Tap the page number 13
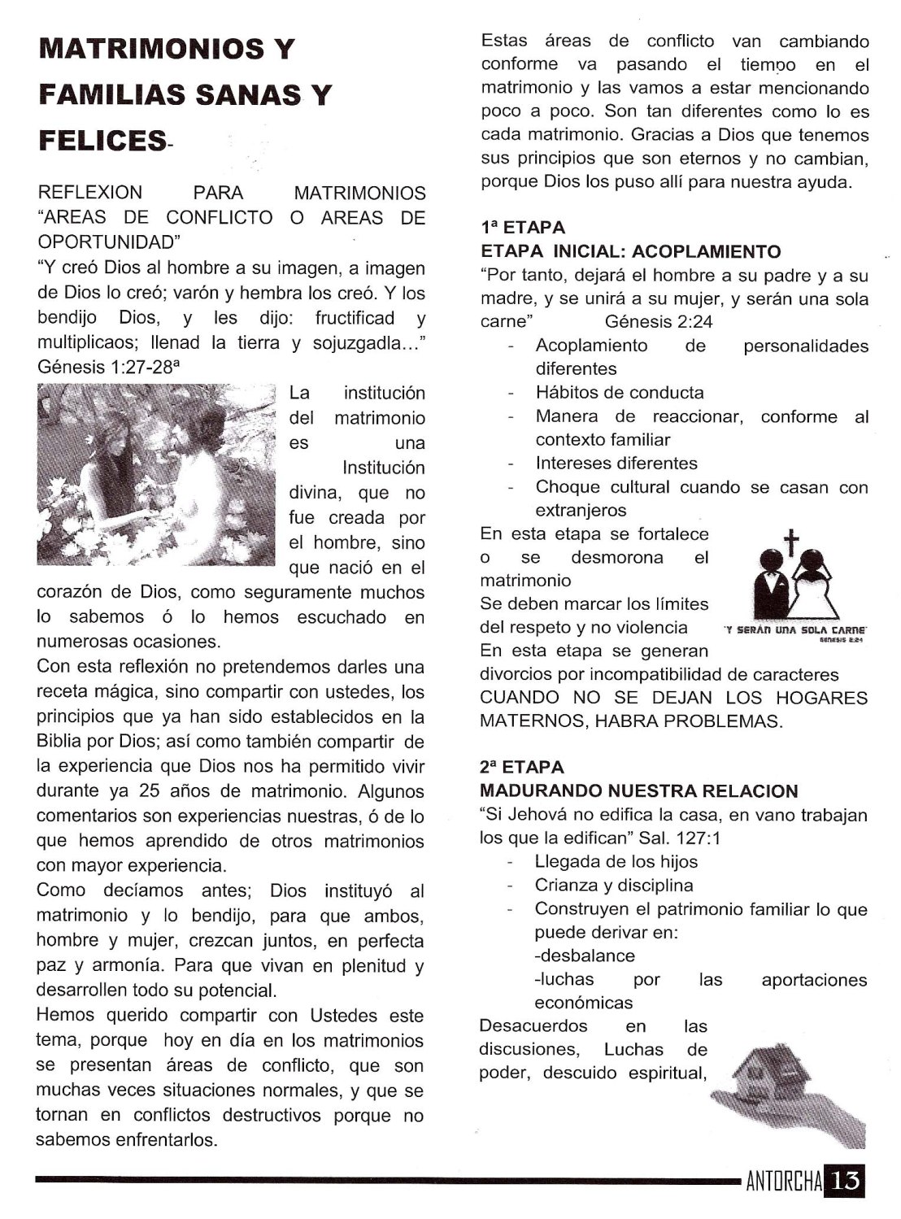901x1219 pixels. pos(846,1181)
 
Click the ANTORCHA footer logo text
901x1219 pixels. pos(782,1182)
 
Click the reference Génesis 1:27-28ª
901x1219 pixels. pos(108,367)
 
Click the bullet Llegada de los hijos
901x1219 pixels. pos(616,862)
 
